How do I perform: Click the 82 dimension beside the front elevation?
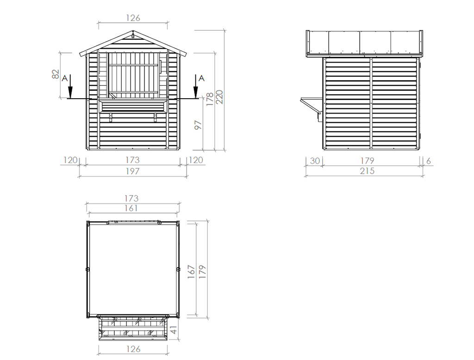coord(56,75)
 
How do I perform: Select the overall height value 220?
coord(220,97)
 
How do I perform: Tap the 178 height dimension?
coord(210,99)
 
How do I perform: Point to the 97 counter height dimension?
coord(198,125)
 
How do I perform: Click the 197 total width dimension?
coord(132,171)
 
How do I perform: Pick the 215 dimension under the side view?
coord(367,171)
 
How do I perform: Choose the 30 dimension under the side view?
coord(315,161)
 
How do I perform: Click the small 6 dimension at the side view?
coord(428,161)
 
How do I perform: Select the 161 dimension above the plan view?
coord(131,208)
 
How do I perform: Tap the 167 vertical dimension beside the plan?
coord(191,272)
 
